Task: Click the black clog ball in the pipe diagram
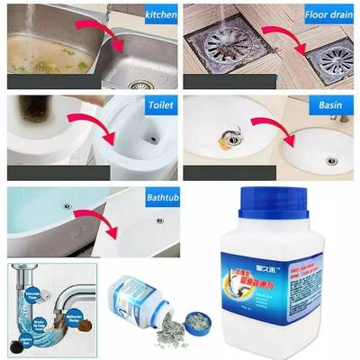[17, 342]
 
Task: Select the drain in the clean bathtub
[159, 219]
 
